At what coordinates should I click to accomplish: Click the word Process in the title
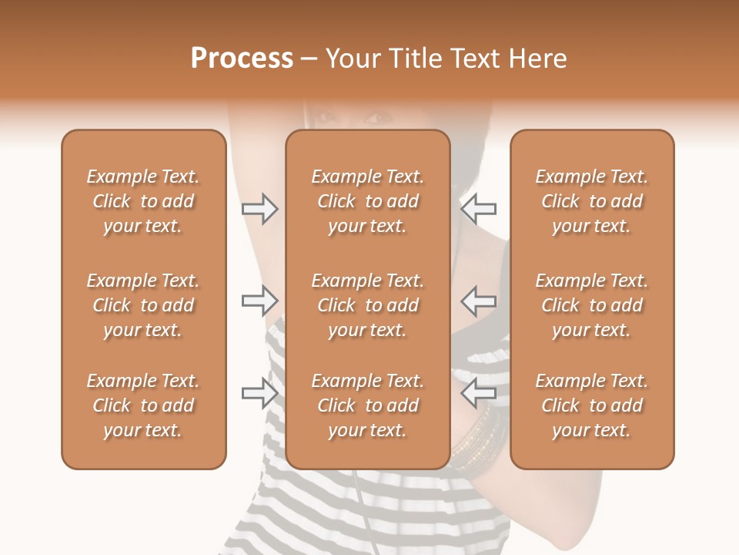tap(242, 59)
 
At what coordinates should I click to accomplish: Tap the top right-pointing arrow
tap(259, 208)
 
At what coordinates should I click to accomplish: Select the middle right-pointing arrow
tap(259, 301)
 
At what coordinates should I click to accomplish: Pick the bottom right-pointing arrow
tap(259, 393)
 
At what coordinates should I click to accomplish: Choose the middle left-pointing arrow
tap(479, 301)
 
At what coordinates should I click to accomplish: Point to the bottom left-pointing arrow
tap(479, 393)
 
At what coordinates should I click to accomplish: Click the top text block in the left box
tap(143, 201)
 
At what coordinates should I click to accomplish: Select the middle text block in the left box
tap(143, 305)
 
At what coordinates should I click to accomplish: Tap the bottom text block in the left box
tap(143, 405)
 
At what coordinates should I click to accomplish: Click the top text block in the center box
tap(368, 201)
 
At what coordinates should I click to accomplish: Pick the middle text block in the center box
tap(368, 305)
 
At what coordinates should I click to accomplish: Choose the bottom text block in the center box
tap(368, 405)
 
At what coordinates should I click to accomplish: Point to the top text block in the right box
tap(592, 201)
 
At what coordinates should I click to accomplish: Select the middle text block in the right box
tap(592, 305)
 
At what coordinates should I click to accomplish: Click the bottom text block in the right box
tap(592, 405)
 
